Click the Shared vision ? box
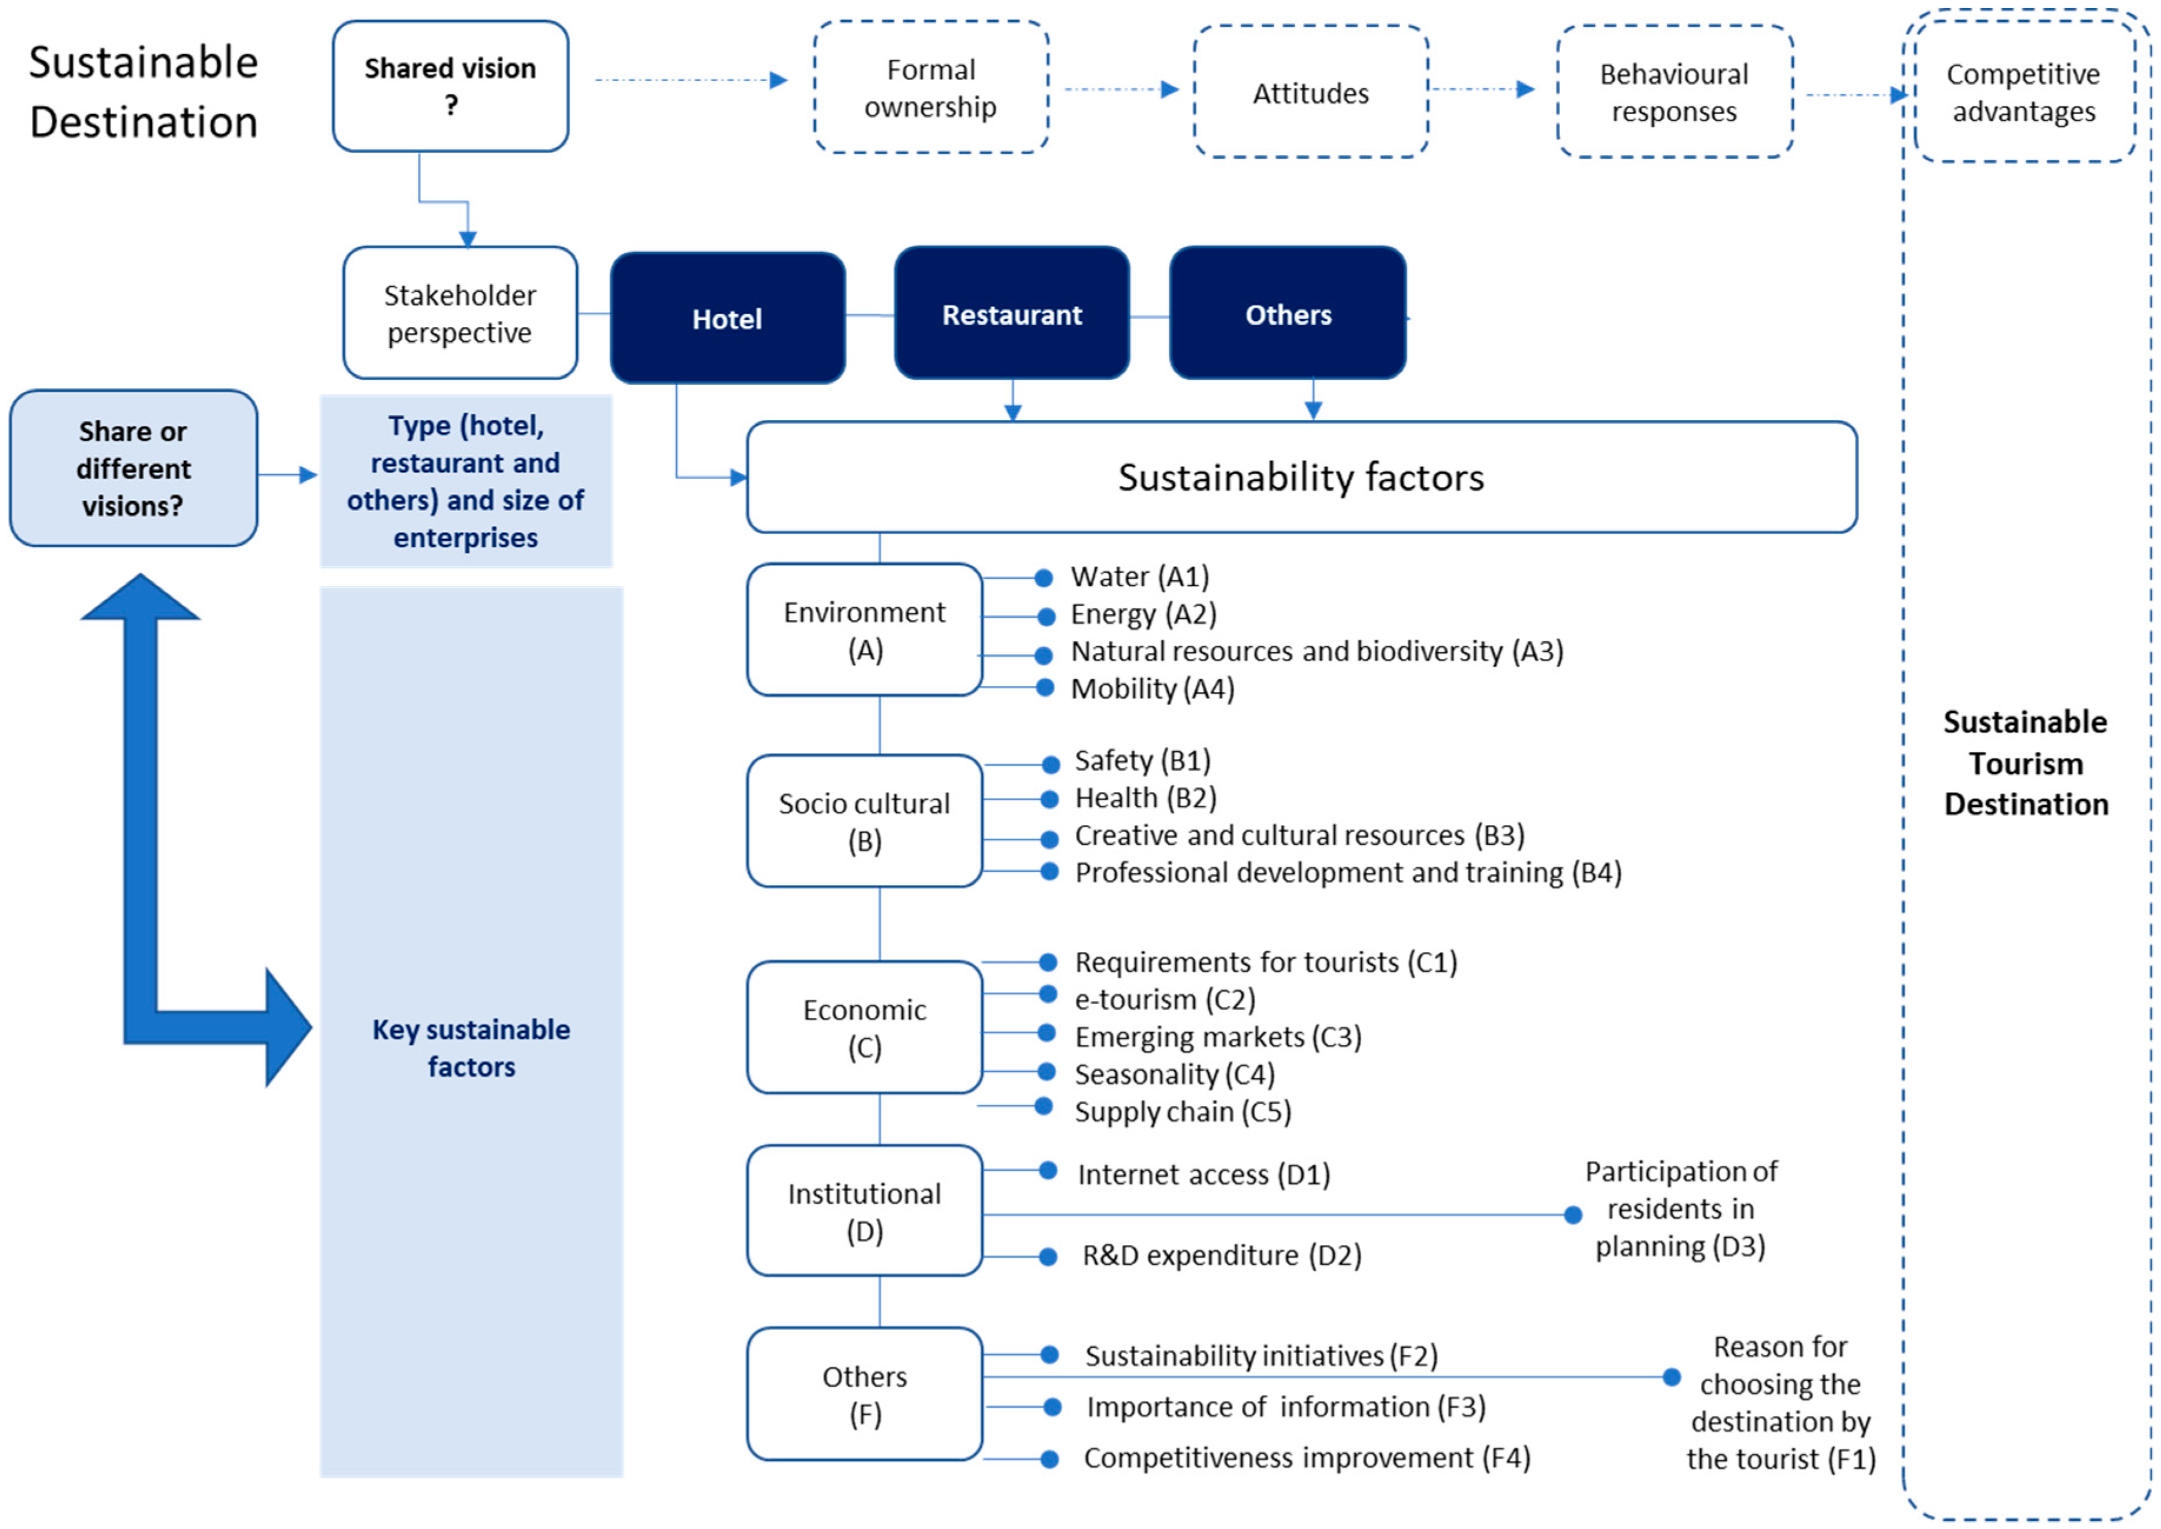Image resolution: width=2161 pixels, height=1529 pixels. click(450, 86)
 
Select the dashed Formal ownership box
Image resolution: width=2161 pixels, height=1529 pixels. click(930, 88)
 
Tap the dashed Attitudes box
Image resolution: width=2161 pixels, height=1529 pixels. click(1310, 92)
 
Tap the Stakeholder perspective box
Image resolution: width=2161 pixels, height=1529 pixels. click(460, 314)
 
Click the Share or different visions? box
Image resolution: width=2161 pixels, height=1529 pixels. click(133, 468)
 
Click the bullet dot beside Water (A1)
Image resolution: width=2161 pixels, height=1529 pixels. click(1043, 578)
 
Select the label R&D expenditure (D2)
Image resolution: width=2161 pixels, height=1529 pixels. click(1221, 1255)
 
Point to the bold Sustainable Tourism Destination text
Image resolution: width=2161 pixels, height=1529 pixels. click(2026, 762)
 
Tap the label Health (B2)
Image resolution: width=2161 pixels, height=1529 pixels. click(1145, 798)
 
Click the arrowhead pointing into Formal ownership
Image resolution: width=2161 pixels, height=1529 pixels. click(778, 80)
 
